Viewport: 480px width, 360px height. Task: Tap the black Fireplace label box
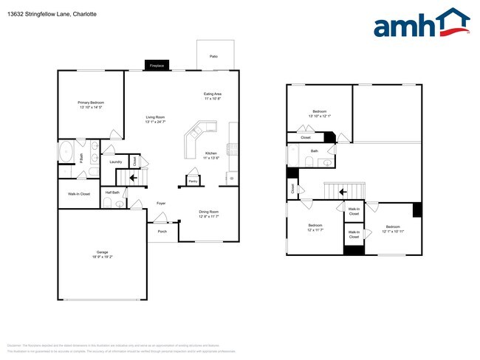point(157,66)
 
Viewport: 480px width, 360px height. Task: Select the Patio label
point(213,56)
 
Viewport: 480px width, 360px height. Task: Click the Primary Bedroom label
point(91,105)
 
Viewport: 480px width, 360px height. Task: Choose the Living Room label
point(155,120)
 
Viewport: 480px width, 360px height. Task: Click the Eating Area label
point(213,96)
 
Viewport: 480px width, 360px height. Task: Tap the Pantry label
point(192,180)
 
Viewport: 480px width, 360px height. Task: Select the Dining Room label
point(209,214)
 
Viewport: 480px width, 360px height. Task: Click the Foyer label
point(160,203)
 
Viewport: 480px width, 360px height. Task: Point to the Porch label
point(162,231)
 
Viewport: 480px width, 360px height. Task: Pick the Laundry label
point(115,162)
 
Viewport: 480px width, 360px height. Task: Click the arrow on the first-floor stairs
point(133,177)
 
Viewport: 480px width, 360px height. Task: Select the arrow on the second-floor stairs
point(343,192)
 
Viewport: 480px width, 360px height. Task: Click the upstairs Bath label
point(314,151)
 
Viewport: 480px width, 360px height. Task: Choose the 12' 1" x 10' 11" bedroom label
point(392,229)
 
